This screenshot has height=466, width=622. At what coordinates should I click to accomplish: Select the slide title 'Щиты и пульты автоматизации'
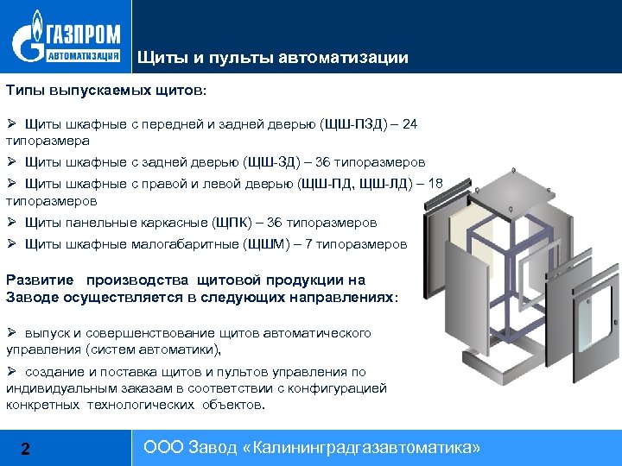(x=272, y=58)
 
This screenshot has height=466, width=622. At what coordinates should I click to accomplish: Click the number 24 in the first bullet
(x=409, y=124)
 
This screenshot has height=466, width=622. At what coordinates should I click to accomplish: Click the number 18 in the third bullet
(x=435, y=183)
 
